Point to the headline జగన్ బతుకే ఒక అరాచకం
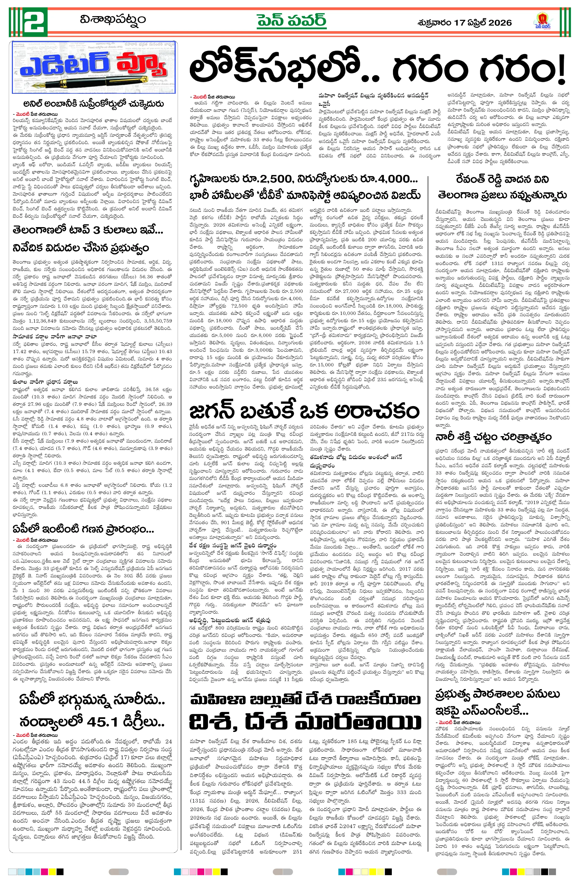coord(304,411)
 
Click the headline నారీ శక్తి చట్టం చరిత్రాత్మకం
coord(493,436)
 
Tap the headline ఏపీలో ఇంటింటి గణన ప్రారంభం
coord(83,529)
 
